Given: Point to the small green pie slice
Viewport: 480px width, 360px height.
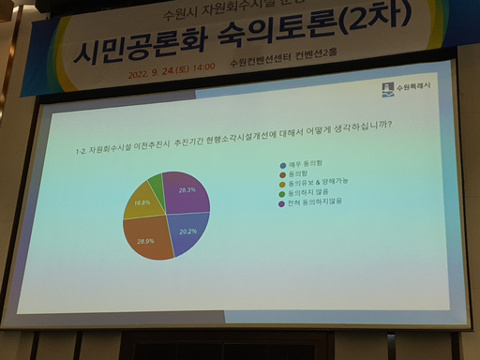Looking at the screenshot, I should point(157,181).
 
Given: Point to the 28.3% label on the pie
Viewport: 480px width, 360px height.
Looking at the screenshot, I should point(186,190).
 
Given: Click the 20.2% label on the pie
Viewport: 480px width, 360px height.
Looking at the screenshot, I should point(187,231).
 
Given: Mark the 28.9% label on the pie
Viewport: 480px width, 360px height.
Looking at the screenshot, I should point(145,242).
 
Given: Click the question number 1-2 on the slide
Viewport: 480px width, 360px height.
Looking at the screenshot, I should point(82,150).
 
